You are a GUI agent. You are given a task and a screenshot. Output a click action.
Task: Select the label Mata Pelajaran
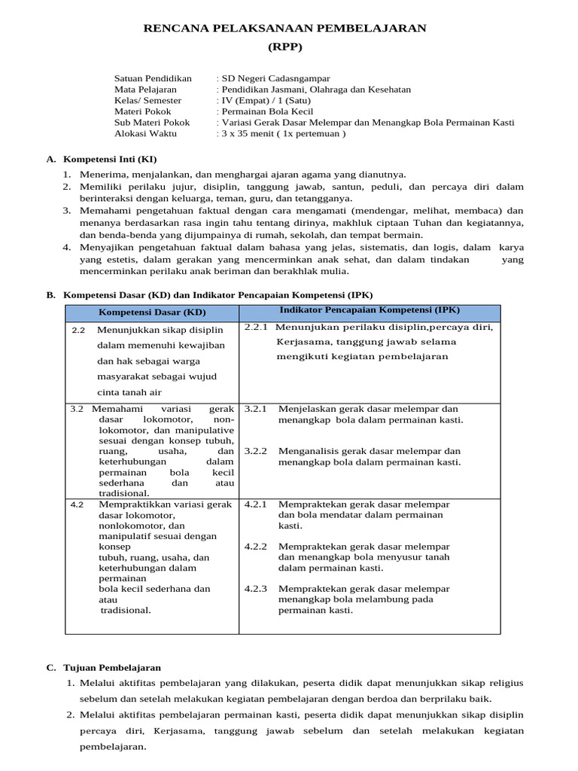145,89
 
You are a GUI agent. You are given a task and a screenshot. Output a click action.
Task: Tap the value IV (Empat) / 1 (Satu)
264,100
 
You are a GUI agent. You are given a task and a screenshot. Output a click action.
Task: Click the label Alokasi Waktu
145,133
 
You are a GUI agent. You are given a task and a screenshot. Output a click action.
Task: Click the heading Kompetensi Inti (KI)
110,160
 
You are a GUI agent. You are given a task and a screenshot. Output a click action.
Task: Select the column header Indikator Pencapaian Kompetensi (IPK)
370,309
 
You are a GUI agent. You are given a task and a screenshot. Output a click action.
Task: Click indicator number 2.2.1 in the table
256,327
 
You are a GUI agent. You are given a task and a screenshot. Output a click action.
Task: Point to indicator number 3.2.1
256,409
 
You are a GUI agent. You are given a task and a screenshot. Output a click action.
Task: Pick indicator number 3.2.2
256,451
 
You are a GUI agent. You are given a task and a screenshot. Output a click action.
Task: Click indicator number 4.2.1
256,504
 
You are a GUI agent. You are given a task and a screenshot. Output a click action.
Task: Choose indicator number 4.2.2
256,546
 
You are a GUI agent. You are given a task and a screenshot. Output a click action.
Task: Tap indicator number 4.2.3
256,588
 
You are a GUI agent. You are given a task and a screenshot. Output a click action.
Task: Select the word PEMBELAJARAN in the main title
370,29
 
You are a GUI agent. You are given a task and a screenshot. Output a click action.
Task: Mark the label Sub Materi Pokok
151,122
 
